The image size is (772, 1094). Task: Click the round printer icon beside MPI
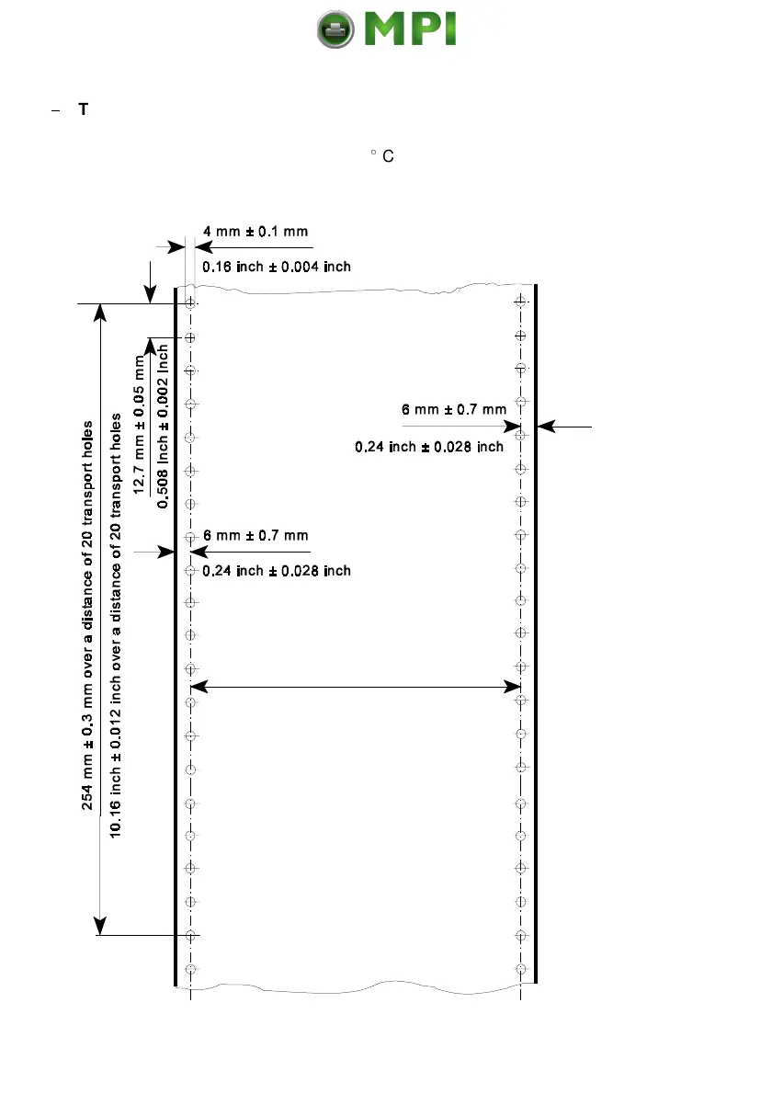coord(335,31)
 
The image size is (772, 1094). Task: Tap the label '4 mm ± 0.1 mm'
coord(255,231)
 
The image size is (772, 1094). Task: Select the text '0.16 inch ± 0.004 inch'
coord(277,266)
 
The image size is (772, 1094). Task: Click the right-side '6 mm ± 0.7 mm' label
coord(454,409)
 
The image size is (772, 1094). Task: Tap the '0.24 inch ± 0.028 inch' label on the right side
coord(429,448)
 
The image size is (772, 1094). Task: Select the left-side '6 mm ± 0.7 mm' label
coord(255,535)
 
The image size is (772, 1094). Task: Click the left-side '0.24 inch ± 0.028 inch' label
coord(277,571)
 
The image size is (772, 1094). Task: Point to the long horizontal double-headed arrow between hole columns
coord(355,686)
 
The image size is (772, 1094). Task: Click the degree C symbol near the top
coord(382,156)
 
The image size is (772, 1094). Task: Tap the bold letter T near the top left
coord(83,109)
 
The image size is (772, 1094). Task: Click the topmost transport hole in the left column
coord(190,302)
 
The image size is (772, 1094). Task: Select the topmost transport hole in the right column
coord(521,301)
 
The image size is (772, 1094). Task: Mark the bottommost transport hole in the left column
coord(190,969)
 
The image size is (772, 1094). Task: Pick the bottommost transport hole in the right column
coord(521,969)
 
